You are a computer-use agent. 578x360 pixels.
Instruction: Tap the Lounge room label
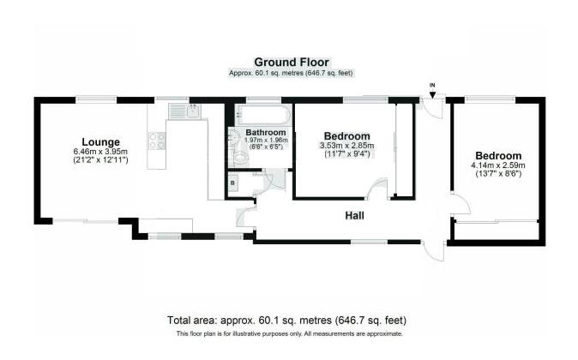point(100,141)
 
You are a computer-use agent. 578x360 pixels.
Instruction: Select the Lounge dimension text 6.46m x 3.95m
point(100,152)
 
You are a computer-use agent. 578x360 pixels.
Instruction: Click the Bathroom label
point(265,133)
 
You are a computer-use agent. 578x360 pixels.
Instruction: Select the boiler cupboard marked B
point(233,183)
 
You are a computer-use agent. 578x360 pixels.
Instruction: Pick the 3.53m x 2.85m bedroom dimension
point(346,146)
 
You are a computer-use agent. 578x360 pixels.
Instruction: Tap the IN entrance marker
point(432,84)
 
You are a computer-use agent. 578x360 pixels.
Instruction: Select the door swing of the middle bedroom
point(375,190)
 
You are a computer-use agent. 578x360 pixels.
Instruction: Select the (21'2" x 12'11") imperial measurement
point(100,160)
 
